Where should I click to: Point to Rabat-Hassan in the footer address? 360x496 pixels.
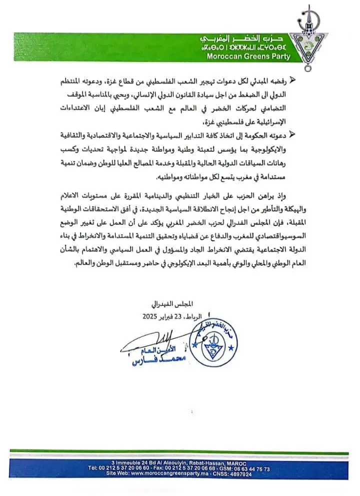204,463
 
